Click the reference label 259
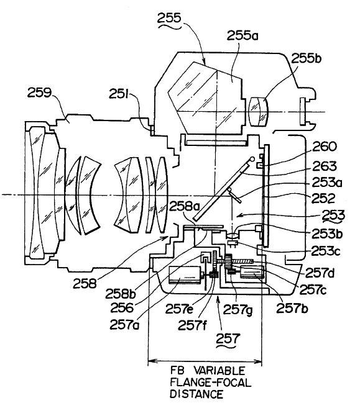click(39, 93)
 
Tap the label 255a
click(242, 35)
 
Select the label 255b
click(306, 58)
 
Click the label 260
click(325, 147)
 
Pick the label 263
click(325, 166)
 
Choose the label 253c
click(326, 252)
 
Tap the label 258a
click(184, 207)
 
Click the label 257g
click(238, 310)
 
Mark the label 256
click(122, 308)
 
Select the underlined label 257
click(227, 339)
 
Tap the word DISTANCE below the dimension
click(196, 394)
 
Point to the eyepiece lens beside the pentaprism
click(259, 112)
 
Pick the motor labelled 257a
click(185, 274)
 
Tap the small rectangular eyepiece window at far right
click(302, 111)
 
